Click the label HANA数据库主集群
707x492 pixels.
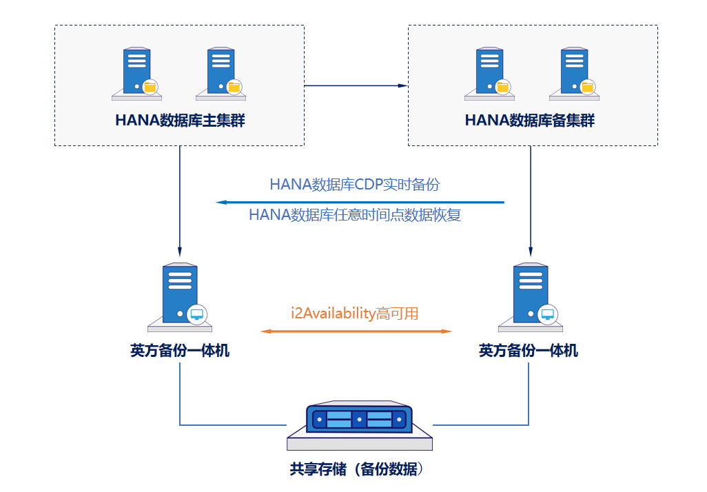[180, 121]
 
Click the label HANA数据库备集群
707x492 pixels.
[529, 121]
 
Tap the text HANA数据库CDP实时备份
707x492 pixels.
[354, 185]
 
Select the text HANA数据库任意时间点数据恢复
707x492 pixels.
[355, 215]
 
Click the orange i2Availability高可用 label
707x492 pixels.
[354, 314]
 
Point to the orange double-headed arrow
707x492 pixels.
[356, 331]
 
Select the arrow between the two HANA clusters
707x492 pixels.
[356, 86]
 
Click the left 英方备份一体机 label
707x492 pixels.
[180, 351]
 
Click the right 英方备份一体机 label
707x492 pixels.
[529, 351]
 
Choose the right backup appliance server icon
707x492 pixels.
[531, 295]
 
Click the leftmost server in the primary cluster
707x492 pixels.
[136, 72]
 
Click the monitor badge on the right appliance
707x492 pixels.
[548, 314]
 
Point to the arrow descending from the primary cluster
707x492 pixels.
[180, 200]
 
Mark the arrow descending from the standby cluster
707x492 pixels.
[531, 200]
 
